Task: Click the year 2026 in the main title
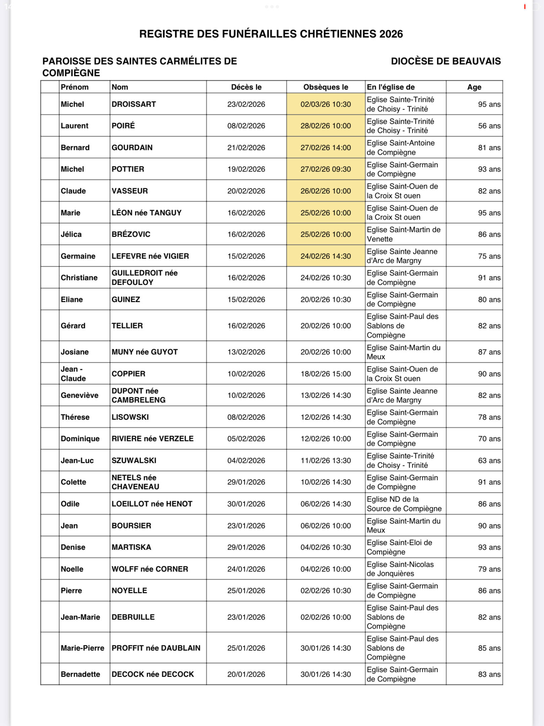coord(391,34)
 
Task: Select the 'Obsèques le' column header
coord(325,87)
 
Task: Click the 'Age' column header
coord(474,87)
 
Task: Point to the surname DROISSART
coord(134,104)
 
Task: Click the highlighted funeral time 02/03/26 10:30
coord(325,104)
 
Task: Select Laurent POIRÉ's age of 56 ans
coord(489,126)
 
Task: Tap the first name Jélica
coord(71,234)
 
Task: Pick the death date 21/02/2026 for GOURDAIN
coord(246,148)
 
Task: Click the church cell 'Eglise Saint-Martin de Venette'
coord(403,234)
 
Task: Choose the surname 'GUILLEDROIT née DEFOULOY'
coord(144,278)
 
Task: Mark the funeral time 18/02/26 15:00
coord(325,374)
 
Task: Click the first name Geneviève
coord(80,395)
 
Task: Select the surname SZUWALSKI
coord(134,460)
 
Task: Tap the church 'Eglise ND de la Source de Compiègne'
coord(404,504)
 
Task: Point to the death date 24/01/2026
coord(246,569)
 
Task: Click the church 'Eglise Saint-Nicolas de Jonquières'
coord(400,569)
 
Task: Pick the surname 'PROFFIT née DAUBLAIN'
coord(156,648)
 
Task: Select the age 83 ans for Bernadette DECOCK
coord(489,674)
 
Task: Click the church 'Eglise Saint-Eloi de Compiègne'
coord(399,547)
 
